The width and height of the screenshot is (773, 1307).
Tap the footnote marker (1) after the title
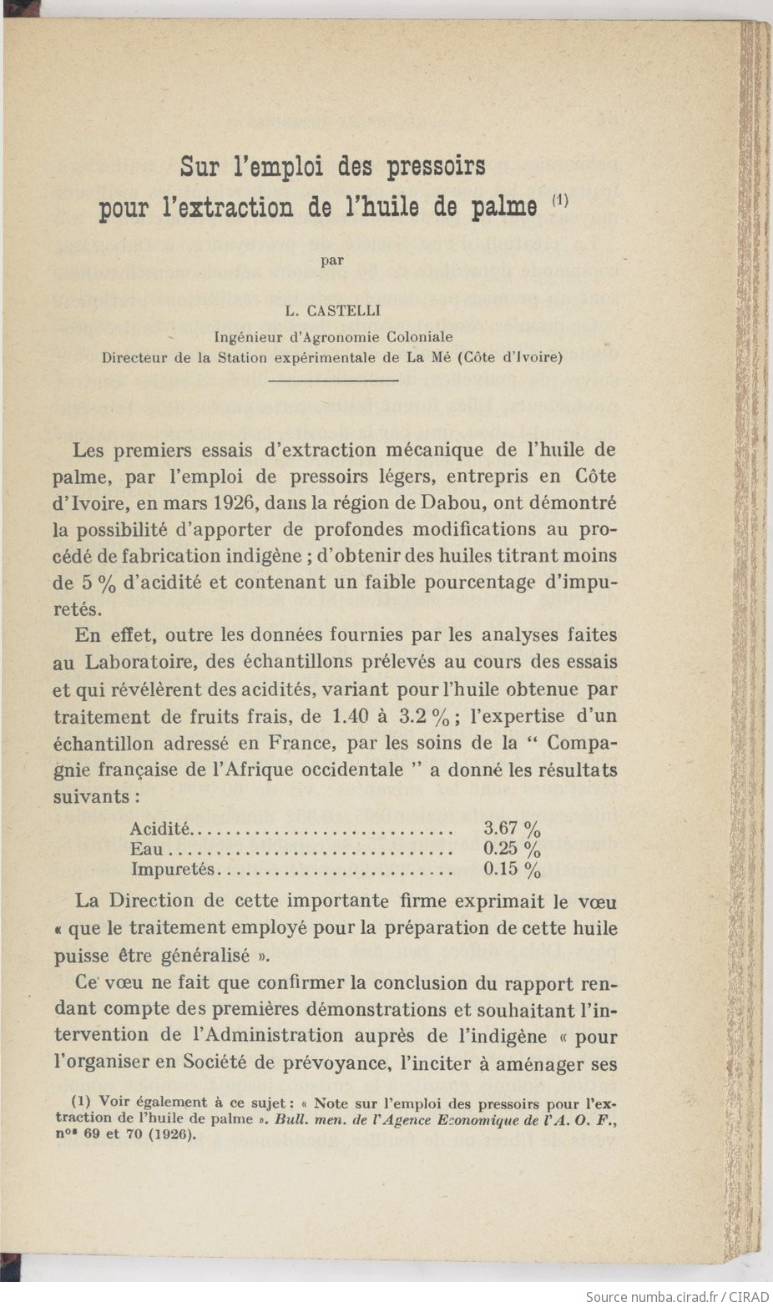[559, 200]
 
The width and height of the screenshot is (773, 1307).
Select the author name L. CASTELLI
[332, 311]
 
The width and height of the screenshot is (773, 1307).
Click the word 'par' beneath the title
[333, 259]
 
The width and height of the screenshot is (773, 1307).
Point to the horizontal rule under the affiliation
[333, 381]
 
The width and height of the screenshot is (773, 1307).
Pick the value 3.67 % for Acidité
[512, 829]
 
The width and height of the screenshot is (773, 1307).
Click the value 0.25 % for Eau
[512, 850]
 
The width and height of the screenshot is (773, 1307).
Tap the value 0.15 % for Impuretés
[512, 870]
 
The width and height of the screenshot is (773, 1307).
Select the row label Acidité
[159, 829]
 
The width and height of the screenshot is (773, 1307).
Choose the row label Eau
[146, 850]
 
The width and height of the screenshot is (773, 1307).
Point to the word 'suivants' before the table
[91, 796]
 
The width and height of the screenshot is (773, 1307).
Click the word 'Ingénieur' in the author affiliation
[247, 337]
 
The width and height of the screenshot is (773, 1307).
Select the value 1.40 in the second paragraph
[351, 716]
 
